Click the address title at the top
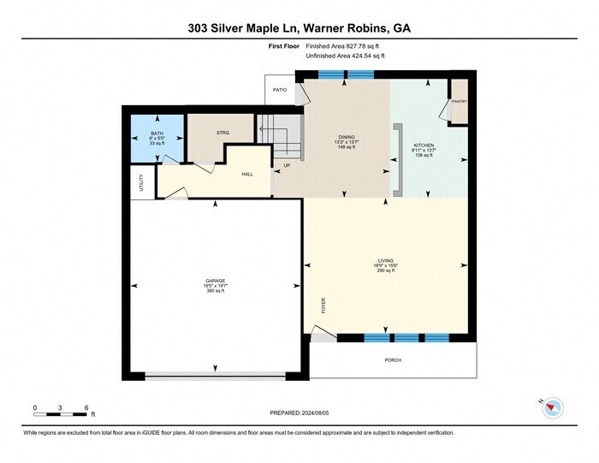(299, 27)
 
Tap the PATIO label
(279, 89)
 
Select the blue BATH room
(156, 136)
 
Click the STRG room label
(222, 133)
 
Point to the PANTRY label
(459, 101)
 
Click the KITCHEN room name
(424, 145)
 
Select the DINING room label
(347, 137)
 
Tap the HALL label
(247, 174)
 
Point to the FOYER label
(323, 306)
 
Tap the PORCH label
(393, 360)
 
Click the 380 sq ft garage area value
(214, 291)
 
